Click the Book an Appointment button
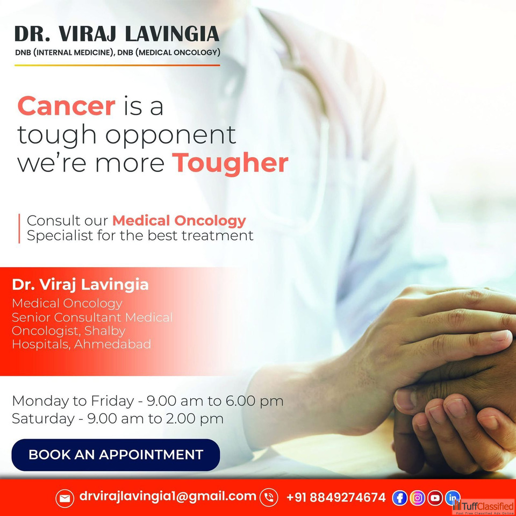pos(116,455)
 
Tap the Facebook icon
pos(399,498)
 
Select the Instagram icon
pos(417,498)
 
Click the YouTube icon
pos(435,498)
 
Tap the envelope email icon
pos(64,498)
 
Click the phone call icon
pos(269,497)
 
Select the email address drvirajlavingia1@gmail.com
pos(168,497)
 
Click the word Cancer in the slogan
pos(67,106)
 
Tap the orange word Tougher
pos(231,163)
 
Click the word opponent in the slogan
pos(170,136)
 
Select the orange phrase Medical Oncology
pos(179,221)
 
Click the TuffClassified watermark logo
pos(484,507)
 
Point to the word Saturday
pos(43,419)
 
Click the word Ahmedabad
pos(112,344)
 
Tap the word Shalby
pos(105,331)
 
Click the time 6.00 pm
pos(254,401)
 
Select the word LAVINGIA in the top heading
pos(173,34)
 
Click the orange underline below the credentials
pos(117,65)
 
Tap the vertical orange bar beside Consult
pos(19,228)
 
